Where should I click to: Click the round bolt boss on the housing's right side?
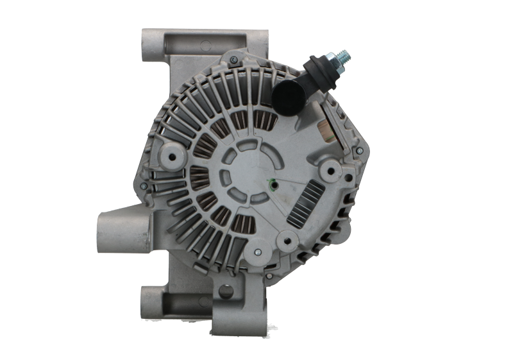(x=332, y=170)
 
